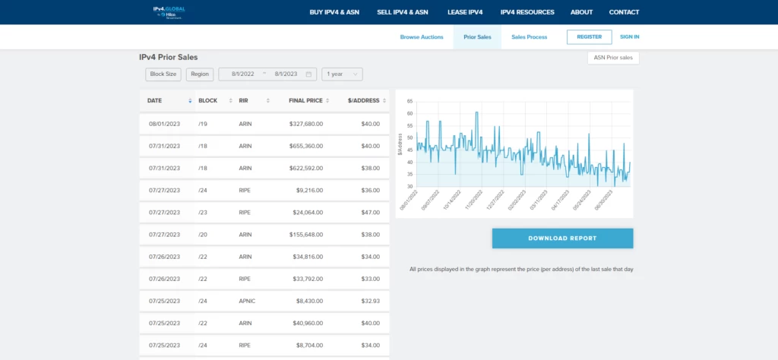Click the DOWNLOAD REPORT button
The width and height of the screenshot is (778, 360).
pos(562,238)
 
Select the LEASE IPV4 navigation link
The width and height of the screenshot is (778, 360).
pos(465,12)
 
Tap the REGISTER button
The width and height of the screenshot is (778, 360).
pos(589,36)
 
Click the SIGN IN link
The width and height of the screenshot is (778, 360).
pos(629,36)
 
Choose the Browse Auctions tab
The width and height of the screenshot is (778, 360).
pos(422,36)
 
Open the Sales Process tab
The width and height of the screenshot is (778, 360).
pos(529,36)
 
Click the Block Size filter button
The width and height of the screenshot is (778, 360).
pos(163,74)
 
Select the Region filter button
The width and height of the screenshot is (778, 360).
pos(200,74)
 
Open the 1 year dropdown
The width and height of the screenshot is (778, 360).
pos(342,74)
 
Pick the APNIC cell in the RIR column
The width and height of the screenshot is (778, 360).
pos(247,302)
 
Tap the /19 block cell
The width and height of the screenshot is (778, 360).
pos(203,124)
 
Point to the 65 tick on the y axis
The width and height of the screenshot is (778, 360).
pos(410,101)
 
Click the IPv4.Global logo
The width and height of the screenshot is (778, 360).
pos(169,12)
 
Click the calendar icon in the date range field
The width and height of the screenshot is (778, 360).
pos(309,74)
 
